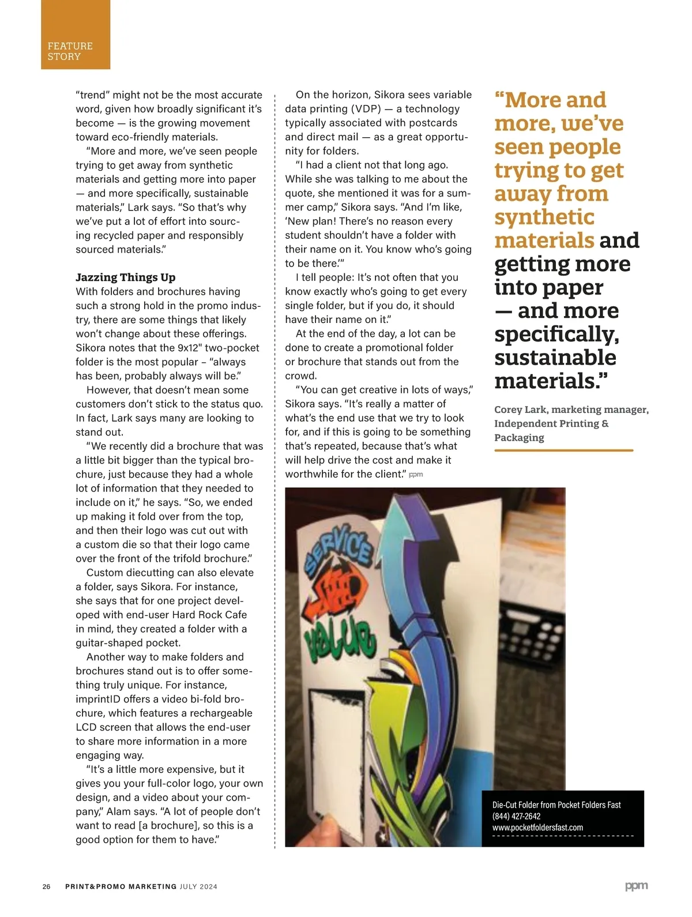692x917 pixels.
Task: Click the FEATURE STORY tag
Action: pyautogui.click(x=70, y=51)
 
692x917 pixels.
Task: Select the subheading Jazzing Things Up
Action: pyautogui.click(x=126, y=277)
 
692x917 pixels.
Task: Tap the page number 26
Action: pyautogui.click(x=47, y=886)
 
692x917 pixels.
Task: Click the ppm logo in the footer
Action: pyautogui.click(x=636, y=886)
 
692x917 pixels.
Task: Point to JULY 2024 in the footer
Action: pyautogui.click(x=198, y=886)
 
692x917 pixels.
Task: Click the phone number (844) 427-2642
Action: pyautogui.click(x=516, y=816)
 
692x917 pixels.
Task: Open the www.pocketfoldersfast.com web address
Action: pyautogui.click(x=537, y=828)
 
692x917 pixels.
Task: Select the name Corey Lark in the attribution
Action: pyautogui.click(x=521, y=409)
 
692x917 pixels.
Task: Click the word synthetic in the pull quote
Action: pyautogui.click(x=544, y=217)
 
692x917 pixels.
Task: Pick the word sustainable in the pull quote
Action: pyautogui.click(x=555, y=358)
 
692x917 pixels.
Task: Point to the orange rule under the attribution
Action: pyautogui.click(x=563, y=450)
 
